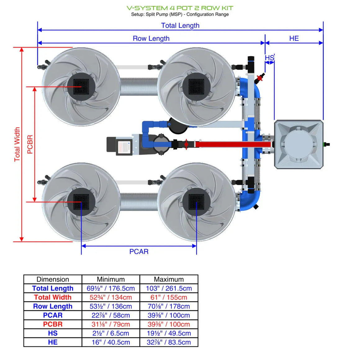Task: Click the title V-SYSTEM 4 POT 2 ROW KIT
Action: pyautogui.click(x=180, y=8)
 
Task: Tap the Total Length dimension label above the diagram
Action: pyautogui.click(x=180, y=25)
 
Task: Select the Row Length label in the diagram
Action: pyautogui.click(x=151, y=38)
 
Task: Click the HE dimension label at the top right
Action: pyautogui.click(x=294, y=38)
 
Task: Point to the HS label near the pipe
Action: pyautogui.click(x=269, y=58)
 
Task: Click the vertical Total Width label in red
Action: pyautogui.click(x=17, y=144)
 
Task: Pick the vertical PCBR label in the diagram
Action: pyautogui.click(x=30, y=144)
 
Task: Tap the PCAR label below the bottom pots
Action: pyautogui.click(x=139, y=252)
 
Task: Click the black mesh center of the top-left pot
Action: pyautogui.click(x=81, y=87)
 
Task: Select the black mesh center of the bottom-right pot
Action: pyautogui.click(x=196, y=202)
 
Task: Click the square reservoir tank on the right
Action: pyautogui.click(x=299, y=144)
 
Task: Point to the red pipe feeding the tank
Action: pyautogui.click(x=233, y=144)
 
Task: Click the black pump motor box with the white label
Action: pyautogui.click(x=119, y=146)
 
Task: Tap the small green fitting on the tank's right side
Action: pyautogui.click(x=326, y=144)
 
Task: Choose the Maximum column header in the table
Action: pyautogui.click(x=169, y=279)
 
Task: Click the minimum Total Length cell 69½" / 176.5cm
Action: pyautogui.click(x=111, y=288)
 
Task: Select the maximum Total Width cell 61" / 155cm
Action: pyautogui.click(x=169, y=297)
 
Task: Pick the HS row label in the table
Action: pyautogui.click(x=53, y=333)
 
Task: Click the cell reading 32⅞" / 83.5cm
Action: pyautogui.click(x=169, y=342)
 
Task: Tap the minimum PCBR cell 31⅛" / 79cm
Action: pyautogui.click(x=111, y=324)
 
